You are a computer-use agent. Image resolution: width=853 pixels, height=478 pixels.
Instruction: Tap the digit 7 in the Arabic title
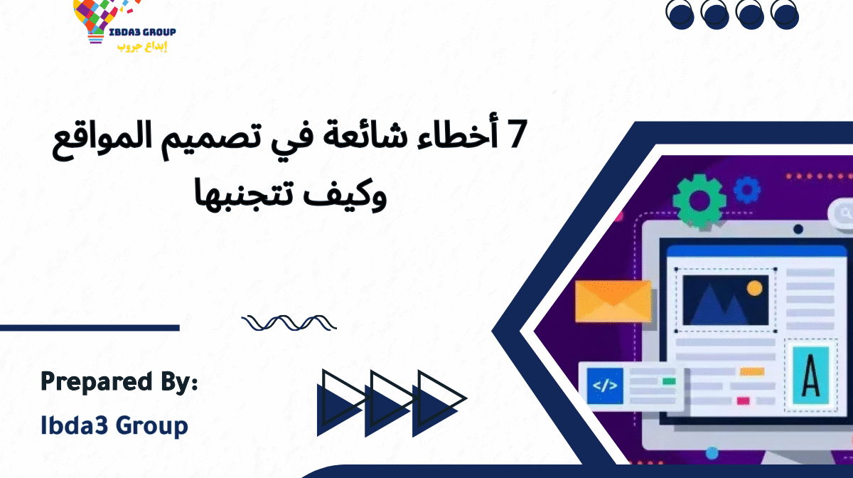click(514, 136)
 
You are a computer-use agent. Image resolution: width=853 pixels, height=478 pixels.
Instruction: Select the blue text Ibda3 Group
click(114, 425)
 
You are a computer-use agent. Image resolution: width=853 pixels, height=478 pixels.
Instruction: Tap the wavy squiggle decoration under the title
click(289, 324)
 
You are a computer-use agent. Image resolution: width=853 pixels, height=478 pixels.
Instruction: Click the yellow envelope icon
click(613, 299)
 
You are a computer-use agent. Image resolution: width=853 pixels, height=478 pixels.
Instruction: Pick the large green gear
click(700, 201)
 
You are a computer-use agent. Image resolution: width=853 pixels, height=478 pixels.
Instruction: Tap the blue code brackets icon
click(605, 386)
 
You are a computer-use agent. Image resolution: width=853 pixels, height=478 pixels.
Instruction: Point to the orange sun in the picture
click(754, 288)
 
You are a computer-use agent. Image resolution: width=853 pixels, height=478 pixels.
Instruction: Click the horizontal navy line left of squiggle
click(90, 328)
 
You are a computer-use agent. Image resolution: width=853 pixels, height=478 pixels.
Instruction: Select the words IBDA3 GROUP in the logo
click(141, 32)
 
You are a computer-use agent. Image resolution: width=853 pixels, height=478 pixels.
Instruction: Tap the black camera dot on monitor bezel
click(798, 229)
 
